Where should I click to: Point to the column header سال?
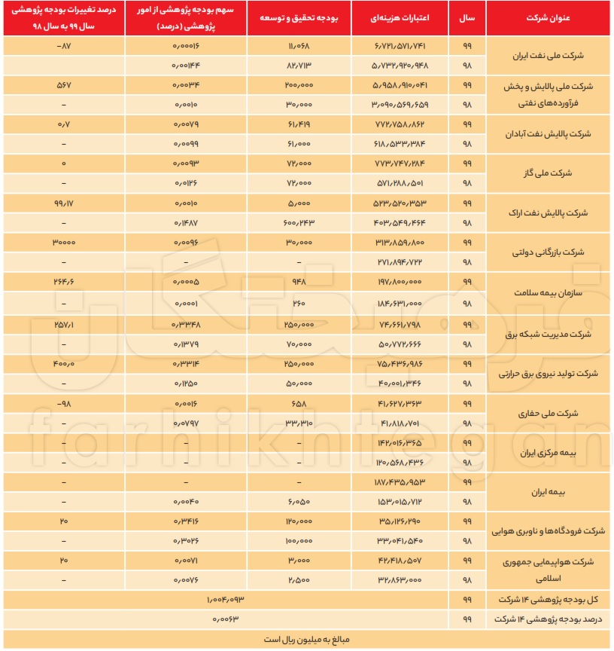click(x=467, y=17)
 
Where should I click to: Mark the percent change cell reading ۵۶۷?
click(x=63, y=85)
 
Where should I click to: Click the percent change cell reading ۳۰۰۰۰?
click(x=63, y=243)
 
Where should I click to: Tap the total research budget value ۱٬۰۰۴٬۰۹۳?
click(x=225, y=599)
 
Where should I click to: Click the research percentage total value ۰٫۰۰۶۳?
click(x=225, y=619)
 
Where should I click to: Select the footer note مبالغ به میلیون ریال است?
click(x=306, y=639)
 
